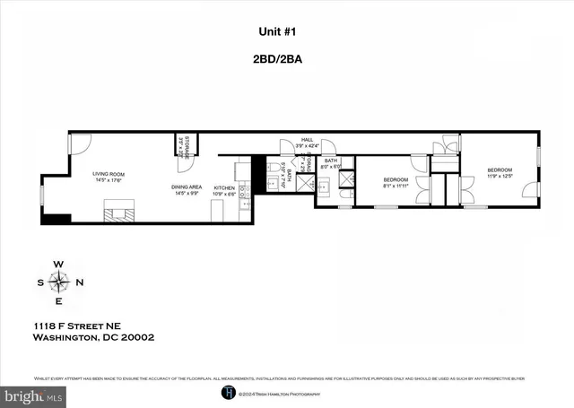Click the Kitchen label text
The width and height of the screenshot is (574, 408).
pyautogui.click(x=224, y=189)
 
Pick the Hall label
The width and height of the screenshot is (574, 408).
pyautogui.click(x=307, y=141)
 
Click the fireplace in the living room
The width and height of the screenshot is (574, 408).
pyautogui.click(x=120, y=214)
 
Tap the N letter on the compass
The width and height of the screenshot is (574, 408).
pyautogui.click(x=78, y=283)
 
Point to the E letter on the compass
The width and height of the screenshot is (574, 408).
pyautogui.click(x=59, y=303)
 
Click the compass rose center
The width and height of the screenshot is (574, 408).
pyautogui.click(x=59, y=283)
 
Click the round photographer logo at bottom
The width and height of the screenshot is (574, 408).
pyautogui.click(x=230, y=393)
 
